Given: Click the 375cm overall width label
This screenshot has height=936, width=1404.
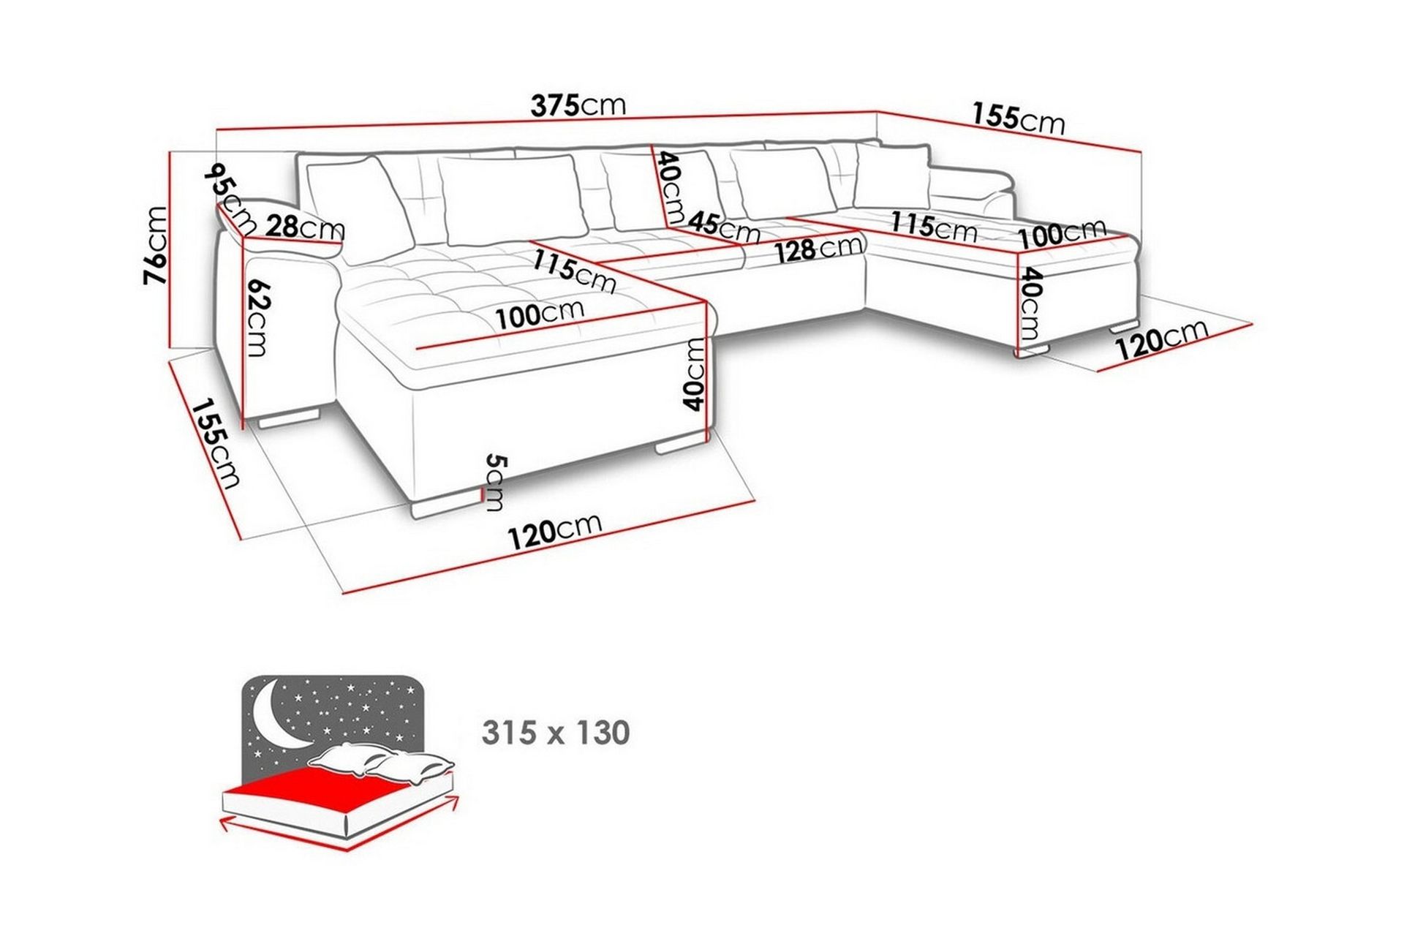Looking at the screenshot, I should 578,105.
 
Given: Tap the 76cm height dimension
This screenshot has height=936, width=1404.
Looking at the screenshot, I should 156,245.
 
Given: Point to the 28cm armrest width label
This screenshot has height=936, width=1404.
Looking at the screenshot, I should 305,227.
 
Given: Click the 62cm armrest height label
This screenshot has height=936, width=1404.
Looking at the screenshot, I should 257,318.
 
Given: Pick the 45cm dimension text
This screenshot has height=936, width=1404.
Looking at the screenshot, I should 724,226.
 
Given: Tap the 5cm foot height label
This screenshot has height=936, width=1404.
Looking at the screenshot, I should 496,482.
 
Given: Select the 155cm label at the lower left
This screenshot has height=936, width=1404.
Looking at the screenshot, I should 216,442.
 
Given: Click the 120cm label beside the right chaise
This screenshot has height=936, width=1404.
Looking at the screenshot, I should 1160,338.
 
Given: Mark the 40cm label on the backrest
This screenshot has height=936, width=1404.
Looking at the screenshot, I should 670,187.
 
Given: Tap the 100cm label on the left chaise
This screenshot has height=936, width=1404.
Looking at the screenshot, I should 540,314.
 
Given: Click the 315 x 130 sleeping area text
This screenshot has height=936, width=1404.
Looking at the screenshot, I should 556,732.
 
